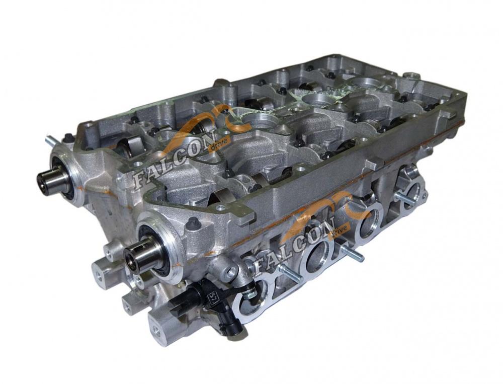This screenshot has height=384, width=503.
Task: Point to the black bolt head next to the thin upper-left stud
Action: (x=67, y=139)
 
